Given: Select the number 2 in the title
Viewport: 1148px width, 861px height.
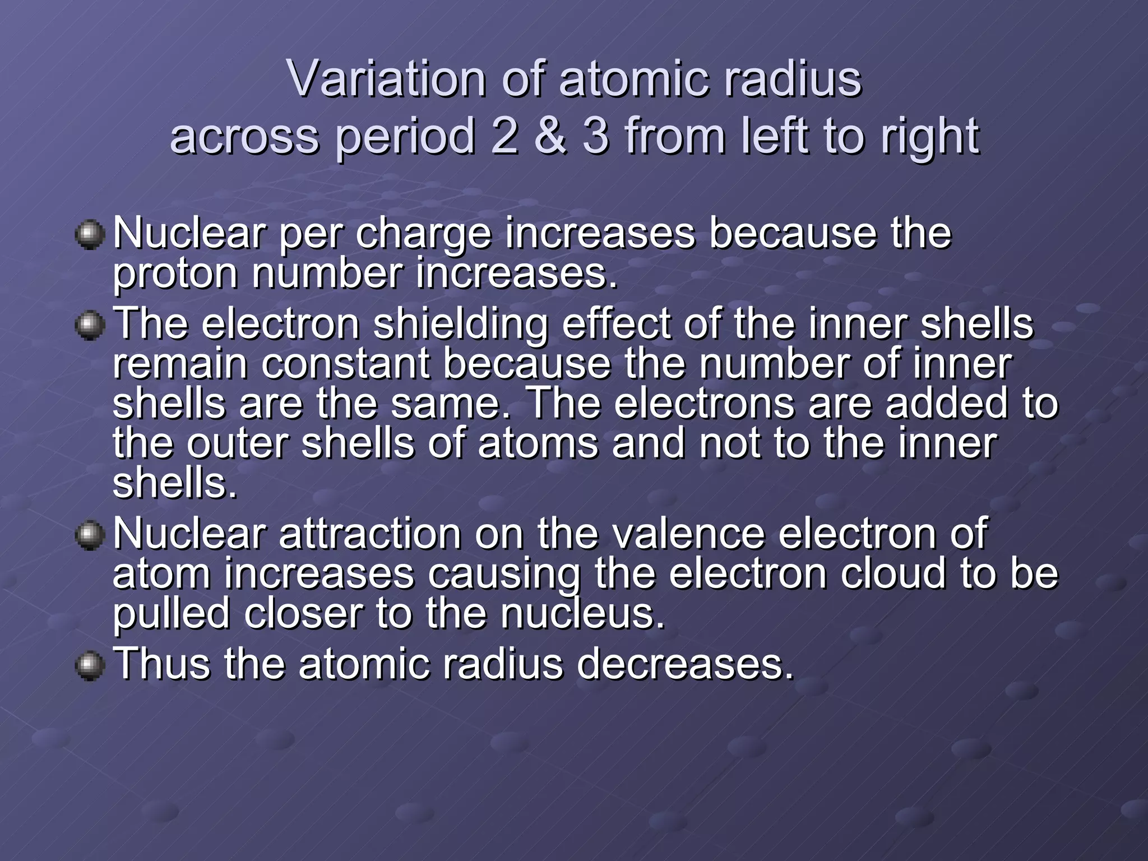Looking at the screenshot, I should click(x=504, y=136).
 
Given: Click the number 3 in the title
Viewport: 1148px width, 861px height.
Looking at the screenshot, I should click(x=595, y=136).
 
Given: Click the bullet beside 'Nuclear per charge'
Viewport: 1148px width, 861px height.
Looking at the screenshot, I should click(x=90, y=235).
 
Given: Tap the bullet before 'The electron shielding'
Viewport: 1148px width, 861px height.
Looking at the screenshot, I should click(x=90, y=326).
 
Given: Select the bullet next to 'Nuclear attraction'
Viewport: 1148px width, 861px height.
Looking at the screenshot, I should click(x=90, y=535).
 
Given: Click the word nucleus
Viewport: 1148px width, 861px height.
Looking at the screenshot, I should click(x=582, y=614).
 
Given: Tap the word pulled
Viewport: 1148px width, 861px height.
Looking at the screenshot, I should click(x=171, y=614).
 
